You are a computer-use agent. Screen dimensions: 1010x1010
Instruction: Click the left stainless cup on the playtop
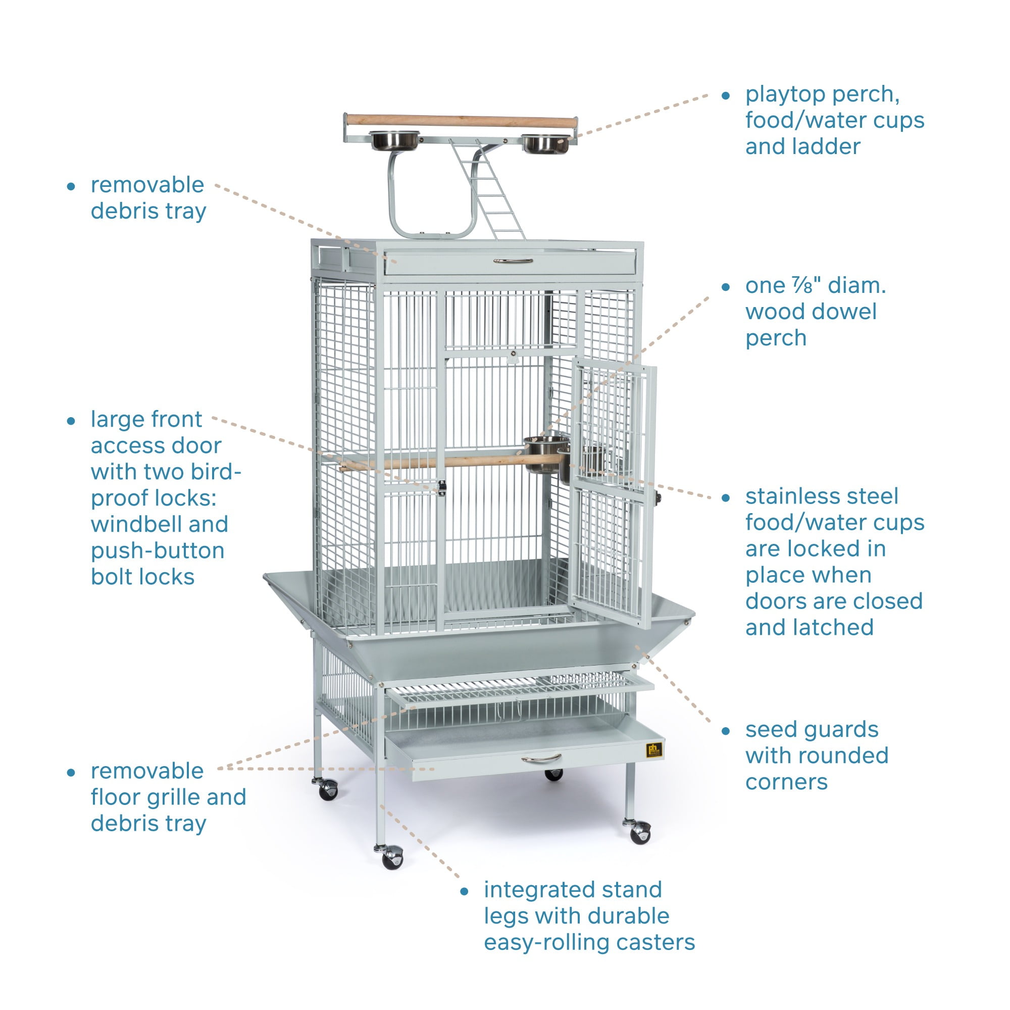[x=395, y=140]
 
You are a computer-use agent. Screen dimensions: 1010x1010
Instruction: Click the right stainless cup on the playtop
[x=546, y=143]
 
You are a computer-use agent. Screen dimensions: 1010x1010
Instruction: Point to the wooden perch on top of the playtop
[x=460, y=121]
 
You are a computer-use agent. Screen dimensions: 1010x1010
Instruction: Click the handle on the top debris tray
[x=513, y=261]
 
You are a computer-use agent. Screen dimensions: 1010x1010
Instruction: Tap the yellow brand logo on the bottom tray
[x=654, y=749]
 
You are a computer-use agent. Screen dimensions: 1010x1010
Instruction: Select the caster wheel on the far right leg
[x=640, y=832]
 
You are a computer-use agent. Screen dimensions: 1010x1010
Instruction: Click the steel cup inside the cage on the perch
[x=545, y=454]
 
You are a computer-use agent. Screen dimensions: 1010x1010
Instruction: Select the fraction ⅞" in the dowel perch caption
[x=806, y=285]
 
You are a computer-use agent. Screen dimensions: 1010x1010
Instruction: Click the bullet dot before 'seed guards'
[x=725, y=731]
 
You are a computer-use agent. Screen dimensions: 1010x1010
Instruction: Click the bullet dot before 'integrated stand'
[x=464, y=892]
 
